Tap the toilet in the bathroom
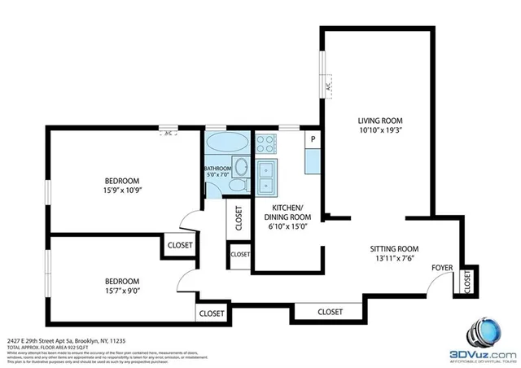(x=234, y=187)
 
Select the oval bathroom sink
(x=241, y=168)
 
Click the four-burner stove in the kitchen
(x=267, y=144)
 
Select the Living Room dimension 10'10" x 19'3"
(x=381, y=129)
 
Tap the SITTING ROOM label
(x=394, y=248)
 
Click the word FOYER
(x=442, y=267)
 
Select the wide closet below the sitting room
(x=330, y=312)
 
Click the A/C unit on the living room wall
(x=328, y=83)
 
